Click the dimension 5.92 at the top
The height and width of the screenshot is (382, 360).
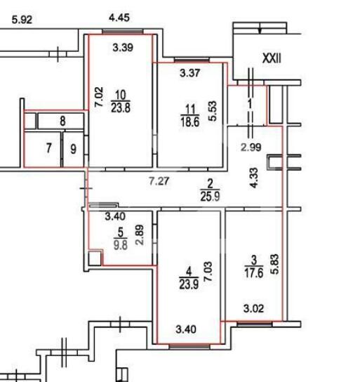tap(22, 20)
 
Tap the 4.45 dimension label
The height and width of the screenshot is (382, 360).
tap(119, 18)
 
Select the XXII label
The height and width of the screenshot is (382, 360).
tap(272, 59)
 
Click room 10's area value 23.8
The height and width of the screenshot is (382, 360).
tap(121, 107)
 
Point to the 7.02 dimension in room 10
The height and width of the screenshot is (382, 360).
tap(99, 97)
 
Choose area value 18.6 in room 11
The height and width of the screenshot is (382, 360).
tap(190, 121)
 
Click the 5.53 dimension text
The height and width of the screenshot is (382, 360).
tap(212, 111)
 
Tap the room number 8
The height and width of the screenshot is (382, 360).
tap(62, 121)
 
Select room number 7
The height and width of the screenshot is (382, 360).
tap(49, 148)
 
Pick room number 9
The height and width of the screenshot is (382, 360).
tap(73, 149)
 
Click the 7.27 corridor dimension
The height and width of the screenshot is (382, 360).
tap(159, 181)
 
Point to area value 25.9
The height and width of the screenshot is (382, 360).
tap(210, 196)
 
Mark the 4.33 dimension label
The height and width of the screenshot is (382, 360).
tap(253, 178)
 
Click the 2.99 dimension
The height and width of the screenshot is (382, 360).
tap(251, 147)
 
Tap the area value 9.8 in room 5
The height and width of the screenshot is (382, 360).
tap(121, 244)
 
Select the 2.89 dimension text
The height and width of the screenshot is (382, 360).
tap(140, 235)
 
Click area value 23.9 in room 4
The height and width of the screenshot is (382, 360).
tap(189, 284)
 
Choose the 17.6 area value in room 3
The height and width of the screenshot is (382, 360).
tap(254, 273)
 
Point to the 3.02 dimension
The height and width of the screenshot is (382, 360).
tap(253, 309)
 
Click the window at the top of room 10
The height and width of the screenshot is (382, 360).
tap(123, 32)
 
